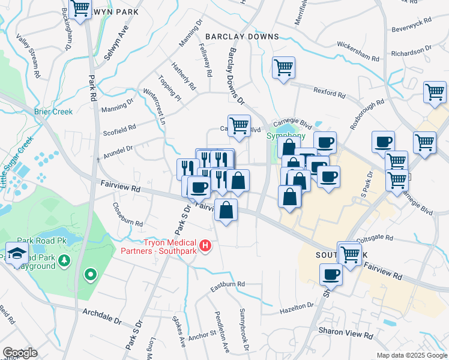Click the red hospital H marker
206,245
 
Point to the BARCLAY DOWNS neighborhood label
242,37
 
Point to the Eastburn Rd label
228,284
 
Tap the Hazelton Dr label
297,310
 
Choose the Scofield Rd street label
119,127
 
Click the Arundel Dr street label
118,148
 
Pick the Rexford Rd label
330,92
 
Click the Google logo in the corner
20,353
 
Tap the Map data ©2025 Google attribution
411,355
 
